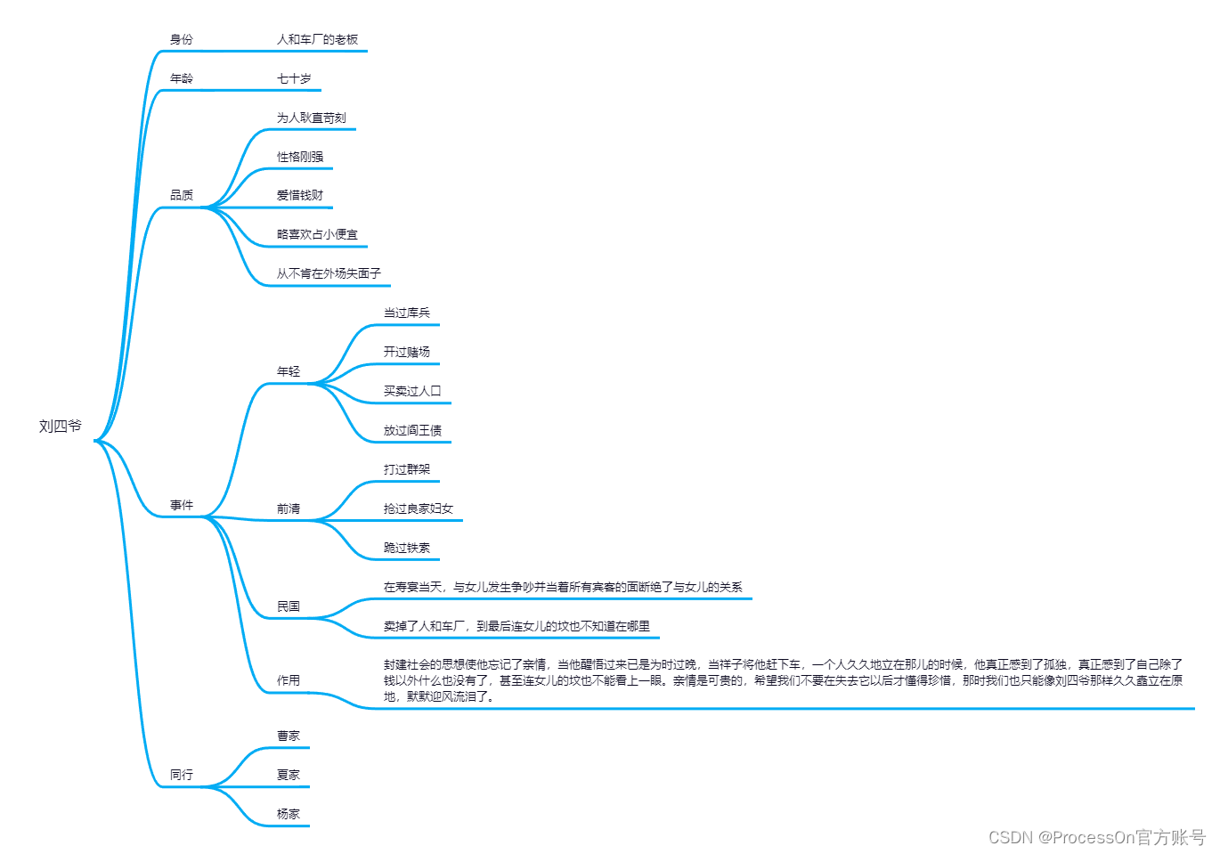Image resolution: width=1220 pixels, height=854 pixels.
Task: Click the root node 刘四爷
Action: tap(60, 427)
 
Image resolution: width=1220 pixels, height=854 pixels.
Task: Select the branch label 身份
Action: tap(181, 39)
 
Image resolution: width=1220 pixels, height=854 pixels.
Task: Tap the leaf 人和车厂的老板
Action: tap(317, 39)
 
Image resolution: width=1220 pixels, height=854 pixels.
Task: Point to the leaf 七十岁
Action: tap(294, 78)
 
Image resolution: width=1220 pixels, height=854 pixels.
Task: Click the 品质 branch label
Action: tap(181, 195)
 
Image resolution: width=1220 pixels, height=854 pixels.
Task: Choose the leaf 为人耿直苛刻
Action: tap(311, 118)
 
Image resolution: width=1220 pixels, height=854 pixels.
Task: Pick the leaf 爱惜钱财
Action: tap(300, 195)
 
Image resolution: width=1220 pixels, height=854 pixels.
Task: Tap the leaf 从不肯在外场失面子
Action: tap(329, 273)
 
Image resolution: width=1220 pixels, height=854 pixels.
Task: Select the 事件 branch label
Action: tap(181, 505)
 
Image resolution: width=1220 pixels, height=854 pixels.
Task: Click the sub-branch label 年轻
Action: tap(288, 371)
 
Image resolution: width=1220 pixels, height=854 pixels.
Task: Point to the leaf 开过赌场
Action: tap(406, 352)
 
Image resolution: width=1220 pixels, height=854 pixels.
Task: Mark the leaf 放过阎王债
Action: tap(412, 430)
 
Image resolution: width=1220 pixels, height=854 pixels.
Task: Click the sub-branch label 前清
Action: tap(288, 508)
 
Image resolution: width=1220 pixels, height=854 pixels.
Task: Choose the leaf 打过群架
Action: tap(406, 469)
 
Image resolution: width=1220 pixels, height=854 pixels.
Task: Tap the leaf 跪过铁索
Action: tap(406, 548)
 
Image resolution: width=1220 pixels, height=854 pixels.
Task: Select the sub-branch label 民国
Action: tap(288, 606)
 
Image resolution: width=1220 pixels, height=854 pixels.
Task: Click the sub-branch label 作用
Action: tap(288, 680)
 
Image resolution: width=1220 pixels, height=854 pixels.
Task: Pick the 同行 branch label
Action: tap(181, 775)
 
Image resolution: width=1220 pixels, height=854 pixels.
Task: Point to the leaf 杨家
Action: tap(288, 814)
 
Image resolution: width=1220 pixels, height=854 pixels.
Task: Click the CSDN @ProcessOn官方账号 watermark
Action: tap(1096, 837)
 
